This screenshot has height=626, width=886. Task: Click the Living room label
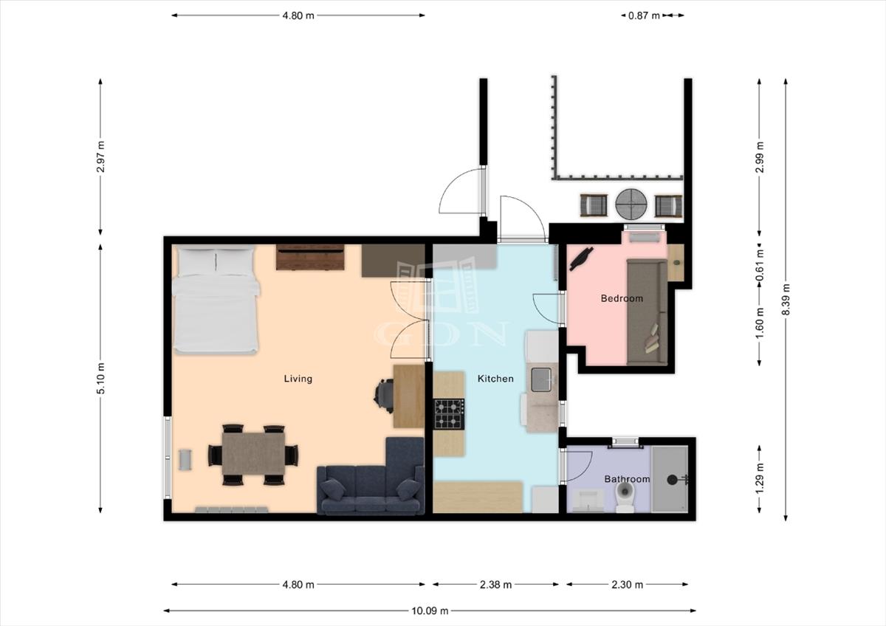pos(298,379)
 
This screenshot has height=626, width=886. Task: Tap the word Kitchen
pos(495,379)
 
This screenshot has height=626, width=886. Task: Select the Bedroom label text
pos(622,298)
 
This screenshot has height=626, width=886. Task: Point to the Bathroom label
pos(627,479)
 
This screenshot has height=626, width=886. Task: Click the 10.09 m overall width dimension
pos(430,610)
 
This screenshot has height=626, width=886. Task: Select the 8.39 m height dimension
pos(786,300)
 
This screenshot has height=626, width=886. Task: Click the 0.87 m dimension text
pos(644,16)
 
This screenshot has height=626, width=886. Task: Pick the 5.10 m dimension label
pos(100,378)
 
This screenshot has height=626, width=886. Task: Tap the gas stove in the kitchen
pos(449,414)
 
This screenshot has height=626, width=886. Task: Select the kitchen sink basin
pos(541,379)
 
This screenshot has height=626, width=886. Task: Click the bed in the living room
pos(216,299)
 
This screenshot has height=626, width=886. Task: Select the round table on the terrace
pos(631,204)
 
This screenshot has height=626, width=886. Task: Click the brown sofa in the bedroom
pos(647,312)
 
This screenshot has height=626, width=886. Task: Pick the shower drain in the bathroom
pos(672,480)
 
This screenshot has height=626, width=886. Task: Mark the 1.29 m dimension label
pos(760,479)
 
